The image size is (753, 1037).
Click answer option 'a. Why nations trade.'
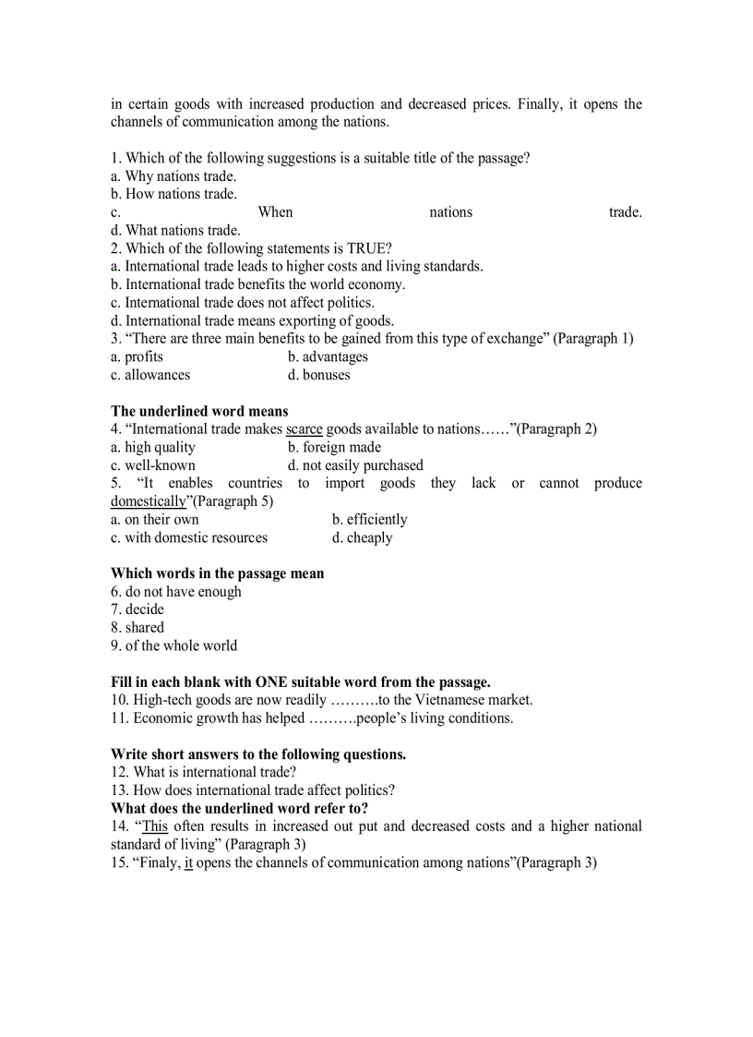coord(173,176)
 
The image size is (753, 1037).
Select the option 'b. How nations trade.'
coord(173,194)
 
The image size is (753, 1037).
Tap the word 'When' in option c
coord(275,212)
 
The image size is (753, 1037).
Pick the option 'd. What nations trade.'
coord(175,230)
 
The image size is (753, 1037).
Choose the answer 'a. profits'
coord(137,356)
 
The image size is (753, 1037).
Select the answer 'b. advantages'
coord(328,356)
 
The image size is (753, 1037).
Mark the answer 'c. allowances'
coord(150,375)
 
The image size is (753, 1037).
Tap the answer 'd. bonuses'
coord(319,375)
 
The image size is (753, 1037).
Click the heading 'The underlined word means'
coord(199,411)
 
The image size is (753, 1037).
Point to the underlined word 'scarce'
coord(305,429)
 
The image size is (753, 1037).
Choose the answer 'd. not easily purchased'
coord(355,465)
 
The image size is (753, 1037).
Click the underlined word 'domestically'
coord(149,501)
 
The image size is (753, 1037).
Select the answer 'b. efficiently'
coord(370,519)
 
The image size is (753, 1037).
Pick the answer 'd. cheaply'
coord(363,537)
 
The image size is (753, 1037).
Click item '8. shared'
coord(137,627)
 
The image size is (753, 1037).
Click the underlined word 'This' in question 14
coord(155,826)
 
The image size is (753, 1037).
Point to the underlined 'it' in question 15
coord(188,862)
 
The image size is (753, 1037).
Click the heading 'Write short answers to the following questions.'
coord(258,754)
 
